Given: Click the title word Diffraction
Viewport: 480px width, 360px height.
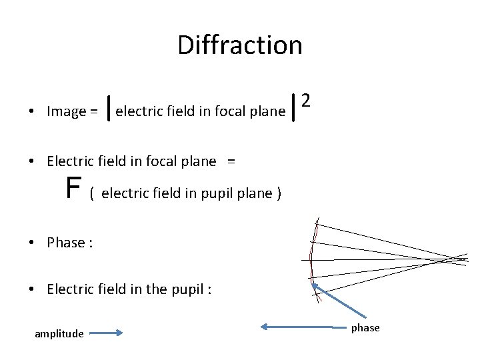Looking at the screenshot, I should (240, 45).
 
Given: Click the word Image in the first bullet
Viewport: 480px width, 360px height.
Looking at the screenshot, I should (67, 111).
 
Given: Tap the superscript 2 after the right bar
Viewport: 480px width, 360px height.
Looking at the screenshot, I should (305, 101).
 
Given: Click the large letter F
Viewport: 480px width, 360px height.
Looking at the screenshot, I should (73, 189).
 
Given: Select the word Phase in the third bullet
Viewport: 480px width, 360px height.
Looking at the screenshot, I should (65, 243).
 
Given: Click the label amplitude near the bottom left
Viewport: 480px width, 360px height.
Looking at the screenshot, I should (59, 333).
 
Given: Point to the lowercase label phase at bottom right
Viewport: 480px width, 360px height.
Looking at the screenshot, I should (365, 327).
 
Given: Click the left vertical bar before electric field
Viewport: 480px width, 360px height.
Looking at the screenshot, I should (109, 111).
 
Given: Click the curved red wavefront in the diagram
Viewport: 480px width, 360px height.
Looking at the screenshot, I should (311, 257).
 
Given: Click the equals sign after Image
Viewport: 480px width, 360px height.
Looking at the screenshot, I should (95, 112).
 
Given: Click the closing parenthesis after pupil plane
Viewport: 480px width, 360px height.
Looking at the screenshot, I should (279, 194).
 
